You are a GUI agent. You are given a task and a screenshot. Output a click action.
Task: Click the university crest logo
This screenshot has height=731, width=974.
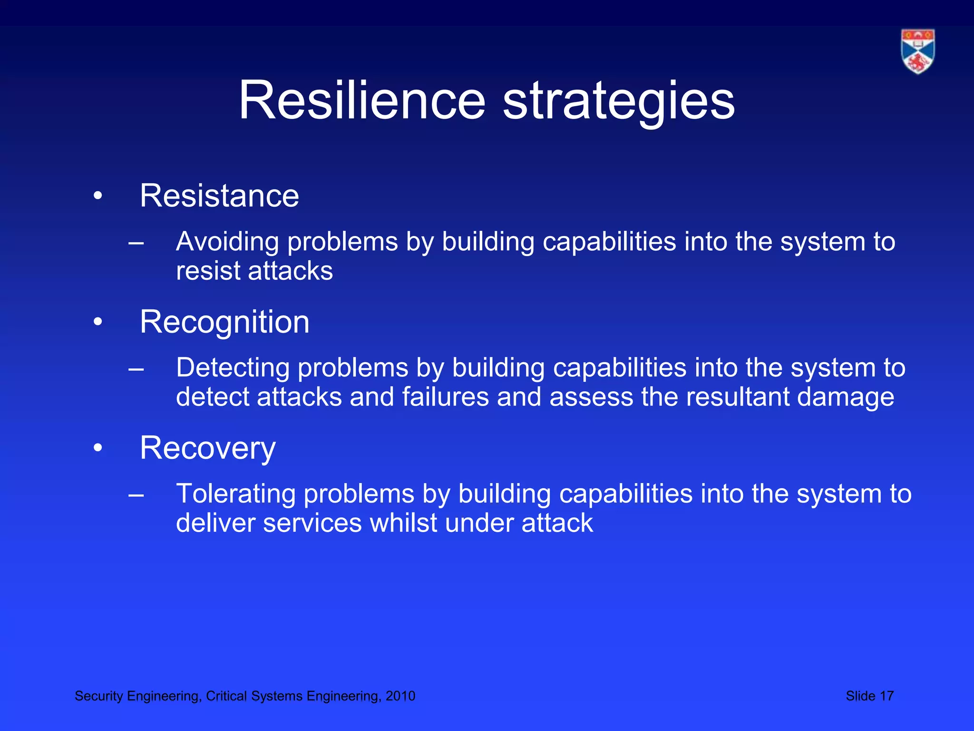click(x=917, y=51)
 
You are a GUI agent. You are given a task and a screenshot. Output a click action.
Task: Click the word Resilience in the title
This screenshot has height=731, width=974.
click(x=361, y=101)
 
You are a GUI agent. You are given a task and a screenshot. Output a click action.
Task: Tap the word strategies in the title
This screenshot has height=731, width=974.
click(x=618, y=101)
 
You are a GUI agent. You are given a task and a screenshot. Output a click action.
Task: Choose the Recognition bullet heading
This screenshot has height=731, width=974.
click(x=224, y=322)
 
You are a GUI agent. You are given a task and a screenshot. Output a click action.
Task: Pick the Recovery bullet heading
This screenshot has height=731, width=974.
click(x=207, y=448)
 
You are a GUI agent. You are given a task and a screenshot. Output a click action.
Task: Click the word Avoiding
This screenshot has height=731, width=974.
click(x=227, y=242)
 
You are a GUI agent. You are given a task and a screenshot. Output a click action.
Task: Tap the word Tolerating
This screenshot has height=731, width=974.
click(x=236, y=494)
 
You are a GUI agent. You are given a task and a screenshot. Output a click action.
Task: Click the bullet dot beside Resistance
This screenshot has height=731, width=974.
click(x=98, y=196)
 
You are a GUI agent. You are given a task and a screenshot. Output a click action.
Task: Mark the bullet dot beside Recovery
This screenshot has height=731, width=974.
click(x=98, y=448)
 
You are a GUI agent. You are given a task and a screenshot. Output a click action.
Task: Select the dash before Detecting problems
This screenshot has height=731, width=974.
click(x=136, y=369)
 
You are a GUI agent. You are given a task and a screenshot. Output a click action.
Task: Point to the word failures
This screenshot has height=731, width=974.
click(x=445, y=397)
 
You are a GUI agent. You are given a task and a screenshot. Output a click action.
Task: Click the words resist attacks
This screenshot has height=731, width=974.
click(x=254, y=271)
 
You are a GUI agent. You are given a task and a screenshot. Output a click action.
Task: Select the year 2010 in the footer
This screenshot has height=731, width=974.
click(x=400, y=696)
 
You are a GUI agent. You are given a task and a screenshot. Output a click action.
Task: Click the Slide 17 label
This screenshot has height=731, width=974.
click(x=869, y=696)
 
